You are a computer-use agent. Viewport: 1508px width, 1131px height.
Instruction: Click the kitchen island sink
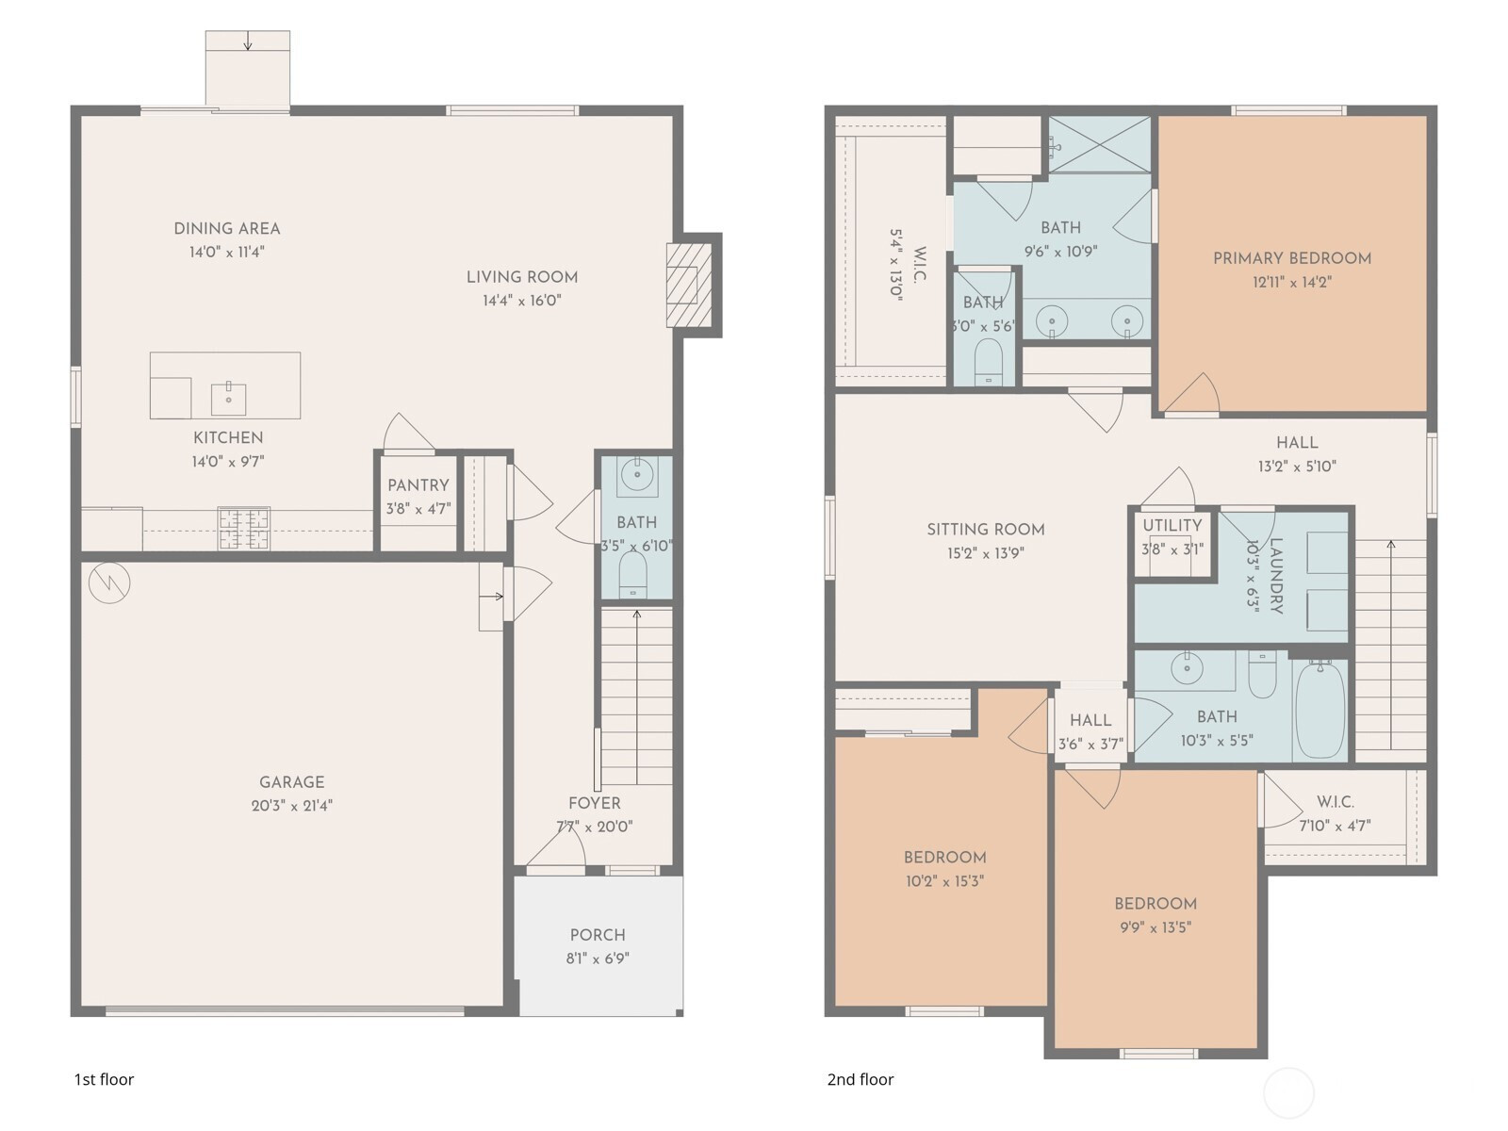(228, 399)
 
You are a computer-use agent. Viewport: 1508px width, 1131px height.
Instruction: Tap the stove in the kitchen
(244, 528)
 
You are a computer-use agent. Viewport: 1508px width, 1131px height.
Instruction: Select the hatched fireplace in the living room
(689, 285)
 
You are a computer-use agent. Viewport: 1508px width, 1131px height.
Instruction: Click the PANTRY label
(418, 485)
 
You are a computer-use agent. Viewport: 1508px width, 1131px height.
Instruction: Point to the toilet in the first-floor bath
(632, 574)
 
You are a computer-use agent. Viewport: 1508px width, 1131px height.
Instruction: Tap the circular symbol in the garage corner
(109, 583)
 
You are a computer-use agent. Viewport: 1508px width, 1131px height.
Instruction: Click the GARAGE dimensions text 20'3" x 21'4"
(292, 806)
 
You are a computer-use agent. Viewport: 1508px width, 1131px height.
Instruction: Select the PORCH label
(598, 935)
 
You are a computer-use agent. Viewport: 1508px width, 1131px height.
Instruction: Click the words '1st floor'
(104, 1079)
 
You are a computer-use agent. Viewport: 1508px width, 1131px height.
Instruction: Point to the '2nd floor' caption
(861, 1079)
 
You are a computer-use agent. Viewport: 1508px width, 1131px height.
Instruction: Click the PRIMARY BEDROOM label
(1292, 258)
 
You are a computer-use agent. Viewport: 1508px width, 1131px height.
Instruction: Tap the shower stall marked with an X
(1099, 144)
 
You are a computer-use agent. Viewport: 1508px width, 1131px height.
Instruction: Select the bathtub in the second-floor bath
(1319, 710)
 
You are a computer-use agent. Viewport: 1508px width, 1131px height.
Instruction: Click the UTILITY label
(1172, 525)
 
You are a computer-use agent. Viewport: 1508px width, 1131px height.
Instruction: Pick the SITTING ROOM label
(986, 530)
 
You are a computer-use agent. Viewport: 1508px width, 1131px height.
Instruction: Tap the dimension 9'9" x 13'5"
(1156, 927)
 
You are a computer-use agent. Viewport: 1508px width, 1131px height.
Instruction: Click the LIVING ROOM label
(522, 277)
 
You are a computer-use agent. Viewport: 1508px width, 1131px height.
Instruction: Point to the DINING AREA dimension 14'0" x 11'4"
(227, 252)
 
